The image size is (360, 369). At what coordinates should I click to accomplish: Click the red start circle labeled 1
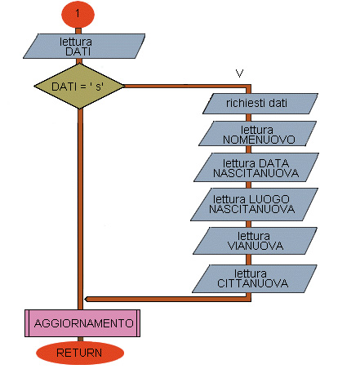click(x=78, y=14)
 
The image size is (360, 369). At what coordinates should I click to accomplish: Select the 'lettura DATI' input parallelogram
click(x=84, y=46)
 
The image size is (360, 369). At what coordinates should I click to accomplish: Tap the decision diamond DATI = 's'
click(x=79, y=87)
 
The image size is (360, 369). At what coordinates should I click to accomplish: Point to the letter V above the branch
click(x=239, y=73)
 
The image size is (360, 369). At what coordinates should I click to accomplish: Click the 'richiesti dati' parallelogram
click(x=260, y=104)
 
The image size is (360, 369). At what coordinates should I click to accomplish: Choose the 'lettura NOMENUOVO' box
click(x=257, y=134)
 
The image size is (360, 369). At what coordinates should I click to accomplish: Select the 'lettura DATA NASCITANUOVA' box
click(x=256, y=167)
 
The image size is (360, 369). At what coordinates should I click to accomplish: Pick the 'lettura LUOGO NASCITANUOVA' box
click(x=254, y=204)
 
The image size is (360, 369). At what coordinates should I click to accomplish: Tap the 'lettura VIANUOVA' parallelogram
click(x=255, y=241)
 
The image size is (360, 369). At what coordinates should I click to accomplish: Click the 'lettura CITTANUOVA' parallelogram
click(x=255, y=278)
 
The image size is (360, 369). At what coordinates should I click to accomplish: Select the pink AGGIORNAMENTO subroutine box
click(x=82, y=323)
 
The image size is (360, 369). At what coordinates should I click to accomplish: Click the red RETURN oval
click(x=80, y=353)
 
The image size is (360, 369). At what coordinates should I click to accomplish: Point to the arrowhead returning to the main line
click(x=87, y=300)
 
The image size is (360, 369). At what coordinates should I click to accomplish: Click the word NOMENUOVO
click(x=259, y=140)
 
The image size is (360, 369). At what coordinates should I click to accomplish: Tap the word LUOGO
click(x=269, y=199)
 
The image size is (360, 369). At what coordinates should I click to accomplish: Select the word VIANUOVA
click(x=256, y=246)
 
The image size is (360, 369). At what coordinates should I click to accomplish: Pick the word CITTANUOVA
click(x=252, y=283)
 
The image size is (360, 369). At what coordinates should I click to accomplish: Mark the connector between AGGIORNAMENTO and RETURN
click(x=80, y=340)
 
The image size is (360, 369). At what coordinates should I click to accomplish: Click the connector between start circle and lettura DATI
click(x=78, y=31)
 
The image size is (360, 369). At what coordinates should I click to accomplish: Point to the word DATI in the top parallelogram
click(x=78, y=51)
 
